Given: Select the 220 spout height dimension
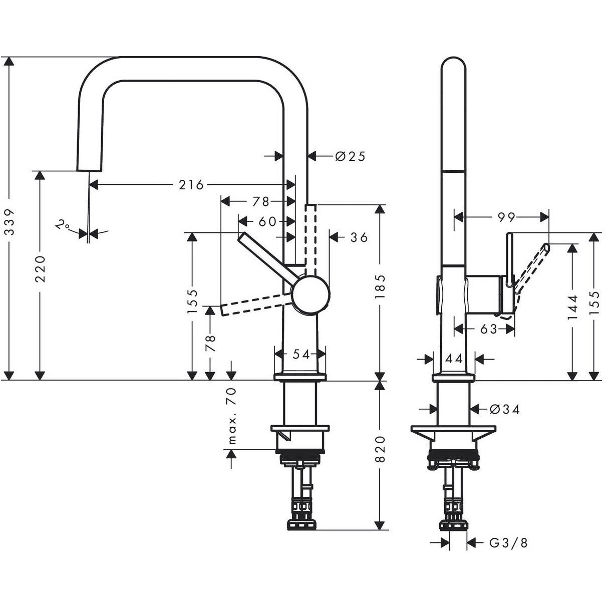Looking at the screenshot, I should pos(41,268).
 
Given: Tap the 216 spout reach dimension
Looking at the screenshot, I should pos(192,185).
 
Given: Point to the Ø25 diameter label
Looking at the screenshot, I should pos(350,156).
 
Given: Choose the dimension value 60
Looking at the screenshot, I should pos(268,221).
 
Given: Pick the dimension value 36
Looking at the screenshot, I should pos(359,237).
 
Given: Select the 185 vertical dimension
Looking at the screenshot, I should pos(380,286).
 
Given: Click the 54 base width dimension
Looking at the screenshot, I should pos(301,354).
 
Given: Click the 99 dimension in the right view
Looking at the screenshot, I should pos(507,217).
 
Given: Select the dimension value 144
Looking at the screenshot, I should pos(573,307).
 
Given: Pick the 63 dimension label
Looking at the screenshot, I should pos(488,329).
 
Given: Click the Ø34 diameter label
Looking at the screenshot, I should pos(504,409).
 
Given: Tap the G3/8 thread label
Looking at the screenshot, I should pos(508,542).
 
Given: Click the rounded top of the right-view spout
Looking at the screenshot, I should pos(454,65).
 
